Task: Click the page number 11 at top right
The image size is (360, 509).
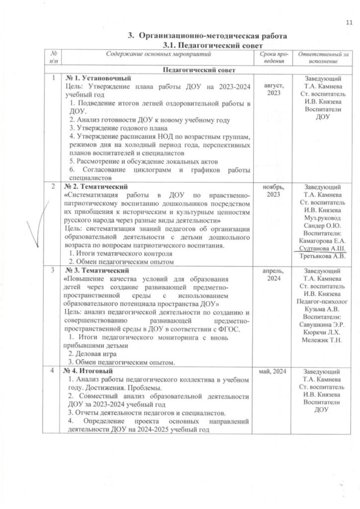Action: tap(349, 22)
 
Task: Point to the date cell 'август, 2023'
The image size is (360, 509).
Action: tap(272, 90)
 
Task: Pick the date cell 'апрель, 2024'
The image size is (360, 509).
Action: tap(272, 275)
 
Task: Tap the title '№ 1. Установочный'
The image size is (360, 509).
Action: tap(98, 79)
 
